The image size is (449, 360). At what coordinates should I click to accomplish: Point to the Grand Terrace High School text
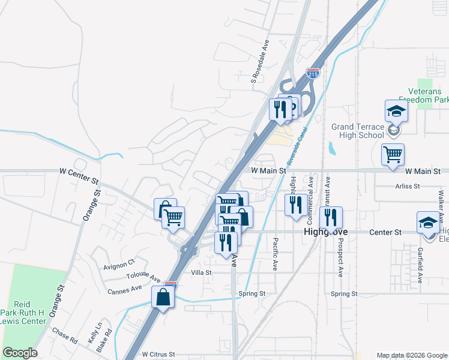click(358, 131)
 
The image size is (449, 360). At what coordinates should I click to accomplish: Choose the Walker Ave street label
click(441, 205)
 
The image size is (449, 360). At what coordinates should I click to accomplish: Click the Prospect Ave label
click(340, 260)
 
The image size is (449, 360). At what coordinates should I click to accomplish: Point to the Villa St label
click(201, 272)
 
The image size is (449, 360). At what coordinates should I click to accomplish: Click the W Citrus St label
click(158, 355)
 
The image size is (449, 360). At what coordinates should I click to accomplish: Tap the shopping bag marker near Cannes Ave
click(163, 296)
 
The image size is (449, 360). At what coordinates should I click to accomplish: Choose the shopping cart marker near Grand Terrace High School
click(393, 155)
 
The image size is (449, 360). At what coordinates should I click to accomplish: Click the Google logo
click(20, 353)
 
